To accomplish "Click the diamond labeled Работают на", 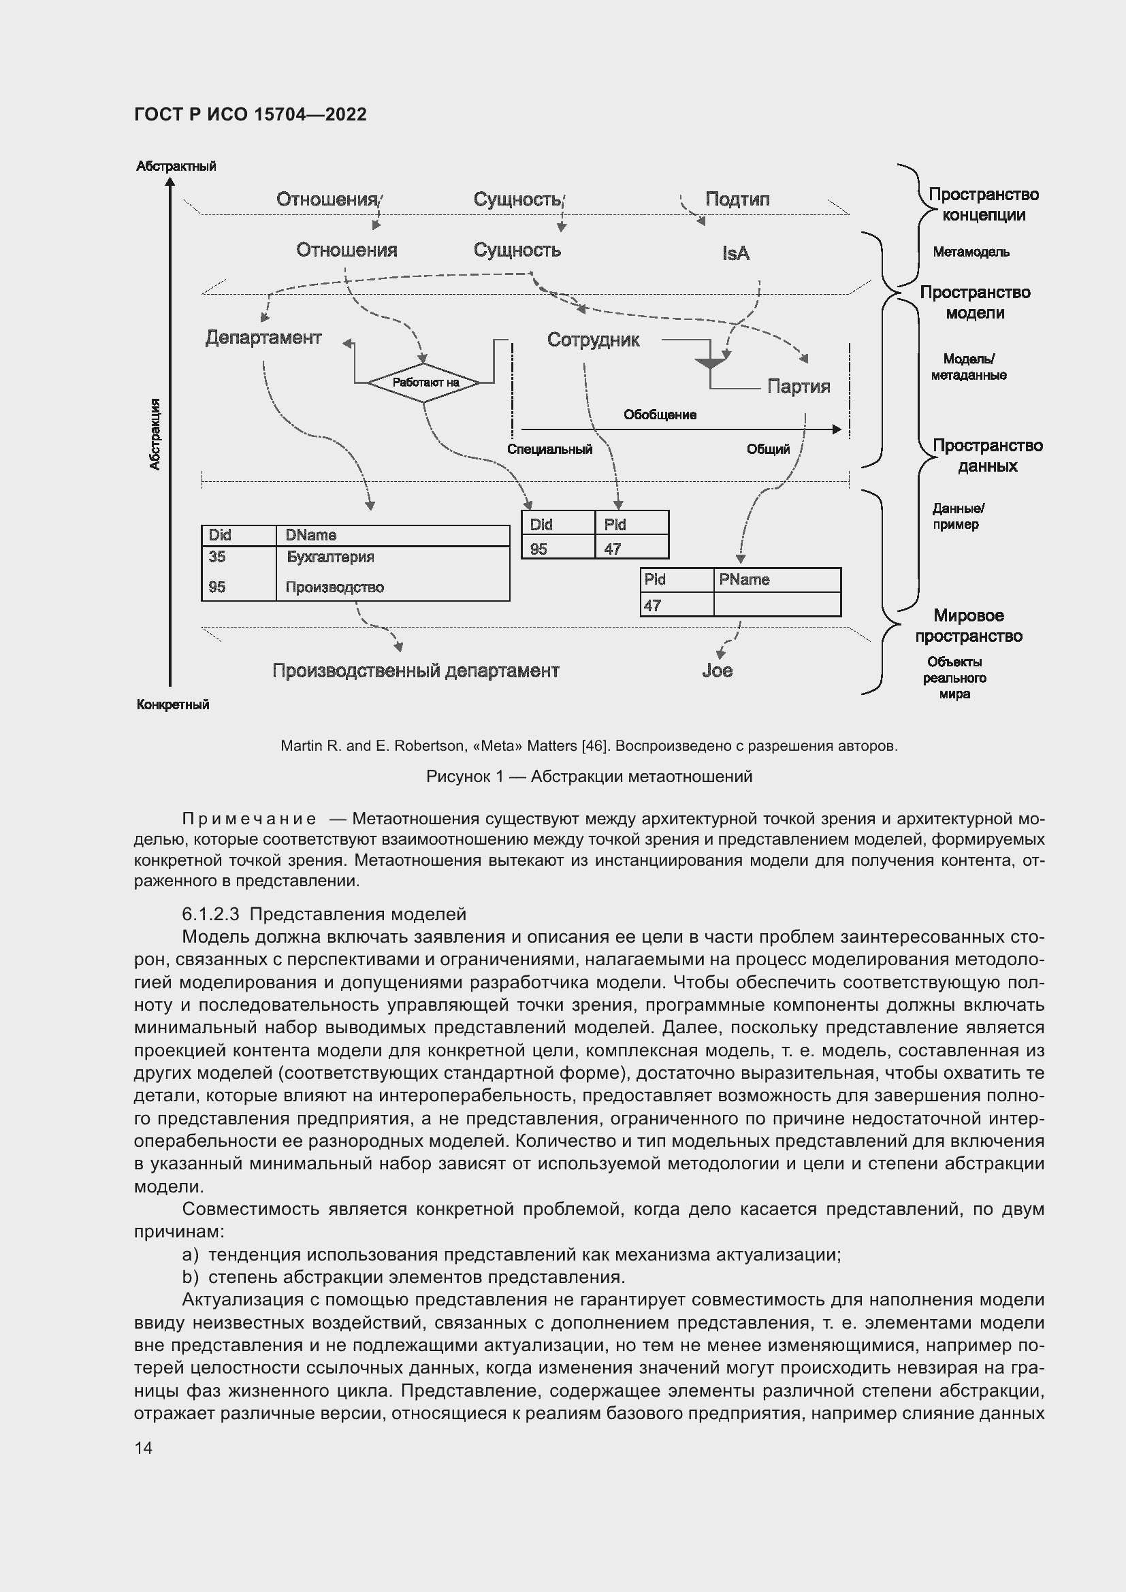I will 423,382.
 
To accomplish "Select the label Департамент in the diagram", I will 263,338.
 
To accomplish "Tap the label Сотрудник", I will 593,340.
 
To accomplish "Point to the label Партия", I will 798,386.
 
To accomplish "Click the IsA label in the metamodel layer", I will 736,254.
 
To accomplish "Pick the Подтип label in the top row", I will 737,199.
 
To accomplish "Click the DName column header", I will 310,534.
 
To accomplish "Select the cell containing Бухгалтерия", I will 330,557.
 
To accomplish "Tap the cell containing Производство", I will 334,587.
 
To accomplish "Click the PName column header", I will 744,579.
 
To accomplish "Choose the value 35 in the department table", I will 217,557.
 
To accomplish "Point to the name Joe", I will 717,670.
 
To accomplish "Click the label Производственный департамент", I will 415,670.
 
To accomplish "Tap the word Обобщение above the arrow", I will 660,415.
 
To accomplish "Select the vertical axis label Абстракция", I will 155,434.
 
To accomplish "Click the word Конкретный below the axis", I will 173,704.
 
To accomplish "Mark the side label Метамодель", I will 971,252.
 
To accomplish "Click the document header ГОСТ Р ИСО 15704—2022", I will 251,114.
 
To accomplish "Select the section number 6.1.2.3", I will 210,914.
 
